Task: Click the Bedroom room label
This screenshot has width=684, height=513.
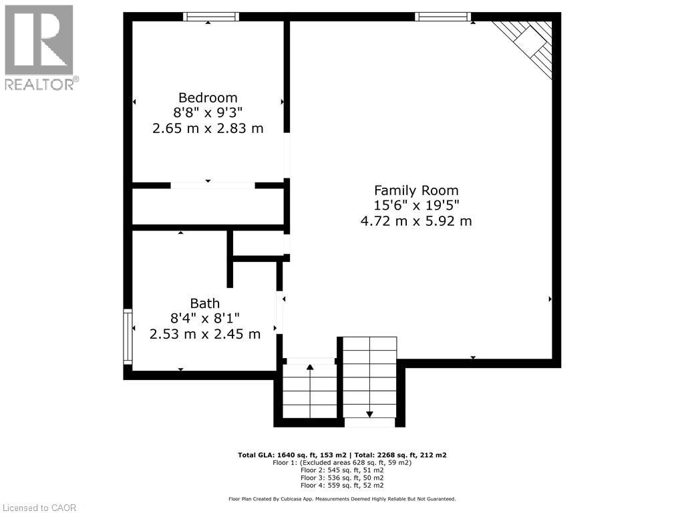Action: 208,98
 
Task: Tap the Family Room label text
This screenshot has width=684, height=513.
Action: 416,190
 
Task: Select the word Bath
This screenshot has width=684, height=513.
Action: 204,304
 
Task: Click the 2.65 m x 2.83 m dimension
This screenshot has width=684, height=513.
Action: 208,128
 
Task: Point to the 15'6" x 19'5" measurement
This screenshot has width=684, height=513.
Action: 416,206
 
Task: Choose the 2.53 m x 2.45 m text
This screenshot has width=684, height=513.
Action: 204,334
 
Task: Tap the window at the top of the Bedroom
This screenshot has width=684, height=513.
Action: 211,17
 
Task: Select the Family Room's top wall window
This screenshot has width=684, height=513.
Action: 443,17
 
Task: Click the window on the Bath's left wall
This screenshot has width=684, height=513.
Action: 127,336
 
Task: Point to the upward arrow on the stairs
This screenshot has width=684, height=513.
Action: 310,367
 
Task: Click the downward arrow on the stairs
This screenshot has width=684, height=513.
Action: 369,414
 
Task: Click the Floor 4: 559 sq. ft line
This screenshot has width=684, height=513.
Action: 342,485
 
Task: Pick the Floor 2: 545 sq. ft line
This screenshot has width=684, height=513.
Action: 342,470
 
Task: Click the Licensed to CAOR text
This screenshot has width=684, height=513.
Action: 39,507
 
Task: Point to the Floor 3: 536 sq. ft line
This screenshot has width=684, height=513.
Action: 342,478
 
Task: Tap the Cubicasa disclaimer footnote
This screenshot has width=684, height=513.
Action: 342,499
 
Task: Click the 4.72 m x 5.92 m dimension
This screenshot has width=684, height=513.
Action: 416,221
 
